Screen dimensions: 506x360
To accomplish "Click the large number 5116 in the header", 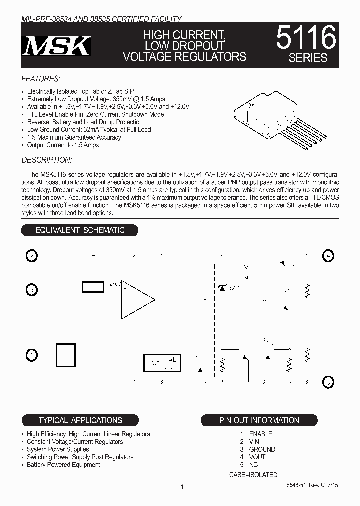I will point(306,37).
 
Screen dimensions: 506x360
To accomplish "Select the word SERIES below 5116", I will point(308,58).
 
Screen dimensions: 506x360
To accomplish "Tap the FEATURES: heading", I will point(41,79).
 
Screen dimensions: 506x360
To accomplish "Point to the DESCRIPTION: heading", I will point(46,160).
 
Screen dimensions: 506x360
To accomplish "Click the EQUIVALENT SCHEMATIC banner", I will point(79,230).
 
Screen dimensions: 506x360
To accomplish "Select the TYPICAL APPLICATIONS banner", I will point(80,420).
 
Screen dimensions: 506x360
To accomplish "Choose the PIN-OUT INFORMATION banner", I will point(259,420).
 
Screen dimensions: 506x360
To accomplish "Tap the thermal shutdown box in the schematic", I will point(160,363).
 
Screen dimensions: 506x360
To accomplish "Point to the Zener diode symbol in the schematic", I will point(222,288).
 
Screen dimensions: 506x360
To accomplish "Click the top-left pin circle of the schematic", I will point(31,256).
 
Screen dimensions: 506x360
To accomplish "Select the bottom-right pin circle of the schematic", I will point(328,382).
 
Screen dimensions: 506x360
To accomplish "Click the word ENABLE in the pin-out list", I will point(261,434).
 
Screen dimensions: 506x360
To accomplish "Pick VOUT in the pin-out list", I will point(257,457).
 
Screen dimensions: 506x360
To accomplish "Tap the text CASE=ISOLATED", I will point(253,475).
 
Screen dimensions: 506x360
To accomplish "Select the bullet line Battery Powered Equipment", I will point(63,465).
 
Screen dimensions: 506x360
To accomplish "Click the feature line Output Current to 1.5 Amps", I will point(63,145).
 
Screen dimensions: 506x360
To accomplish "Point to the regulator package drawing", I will point(270,117).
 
